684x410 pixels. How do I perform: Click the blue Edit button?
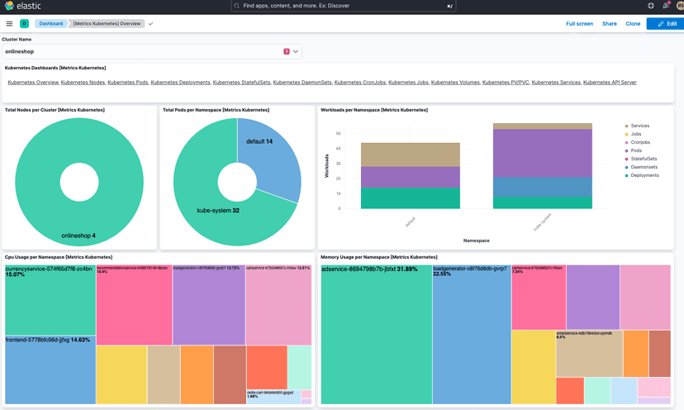pos(665,24)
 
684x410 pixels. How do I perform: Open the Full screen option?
pos(579,24)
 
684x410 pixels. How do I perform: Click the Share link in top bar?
pos(609,24)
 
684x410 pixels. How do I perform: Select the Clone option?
pos(633,24)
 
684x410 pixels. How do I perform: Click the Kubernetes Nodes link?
pos(83,83)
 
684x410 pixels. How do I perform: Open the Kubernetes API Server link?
pos(610,83)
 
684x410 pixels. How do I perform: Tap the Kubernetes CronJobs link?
pos(359,83)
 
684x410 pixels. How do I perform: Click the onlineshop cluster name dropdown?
pos(152,51)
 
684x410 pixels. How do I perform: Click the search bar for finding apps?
pos(343,6)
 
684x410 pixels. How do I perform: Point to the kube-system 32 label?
pos(218,211)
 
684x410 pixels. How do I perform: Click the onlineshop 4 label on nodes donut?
pos(78,236)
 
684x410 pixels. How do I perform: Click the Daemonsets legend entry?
pos(644,167)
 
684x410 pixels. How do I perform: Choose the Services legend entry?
pos(639,126)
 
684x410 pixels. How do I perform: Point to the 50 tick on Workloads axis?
pos(338,133)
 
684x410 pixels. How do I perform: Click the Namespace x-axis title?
pos(476,241)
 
